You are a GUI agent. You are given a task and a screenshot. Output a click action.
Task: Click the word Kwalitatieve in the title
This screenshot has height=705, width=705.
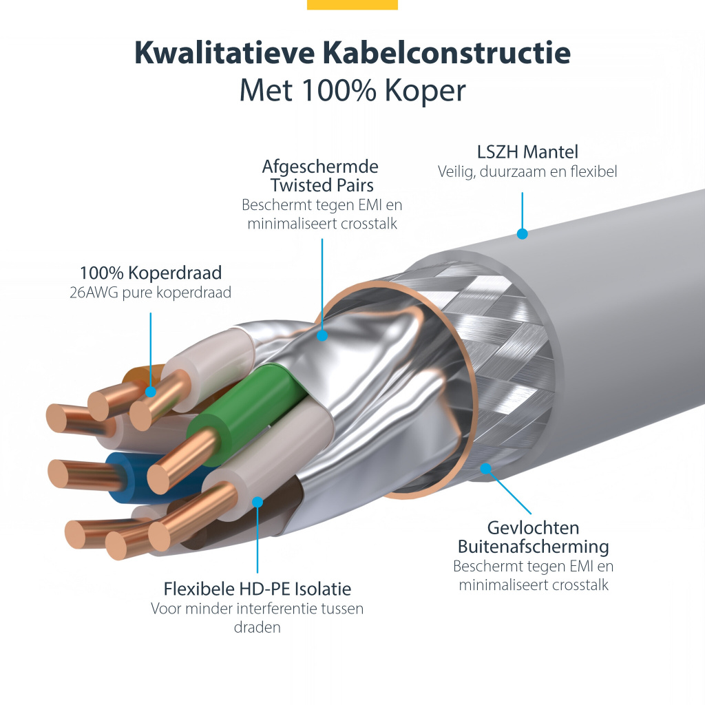tap(224, 53)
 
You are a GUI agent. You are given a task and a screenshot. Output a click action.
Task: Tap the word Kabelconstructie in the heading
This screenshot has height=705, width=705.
tap(447, 53)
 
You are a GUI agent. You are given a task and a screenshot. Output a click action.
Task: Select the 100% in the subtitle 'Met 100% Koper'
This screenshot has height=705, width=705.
tap(339, 90)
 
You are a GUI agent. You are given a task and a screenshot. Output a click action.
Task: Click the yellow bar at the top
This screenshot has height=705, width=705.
tap(352, 5)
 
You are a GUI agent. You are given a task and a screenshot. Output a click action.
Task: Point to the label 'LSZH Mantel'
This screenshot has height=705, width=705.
tap(527, 152)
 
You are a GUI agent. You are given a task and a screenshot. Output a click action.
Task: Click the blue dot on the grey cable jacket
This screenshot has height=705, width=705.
tap(522, 234)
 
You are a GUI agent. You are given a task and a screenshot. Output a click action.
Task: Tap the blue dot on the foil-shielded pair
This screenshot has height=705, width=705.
tap(322, 335)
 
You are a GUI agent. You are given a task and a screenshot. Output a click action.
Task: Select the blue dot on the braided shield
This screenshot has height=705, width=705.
tap(485, 468)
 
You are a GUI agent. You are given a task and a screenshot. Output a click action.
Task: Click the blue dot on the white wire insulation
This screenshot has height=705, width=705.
tap(257, 502)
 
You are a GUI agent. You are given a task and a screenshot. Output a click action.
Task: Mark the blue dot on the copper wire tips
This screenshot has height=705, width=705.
tap(151, 391)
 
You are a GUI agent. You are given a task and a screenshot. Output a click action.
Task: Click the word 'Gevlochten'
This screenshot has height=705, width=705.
tap(534, 528)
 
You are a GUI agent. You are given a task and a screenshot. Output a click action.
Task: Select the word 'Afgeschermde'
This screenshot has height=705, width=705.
tap(320, 167)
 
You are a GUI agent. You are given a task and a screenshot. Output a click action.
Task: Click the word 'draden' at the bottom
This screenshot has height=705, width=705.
tap(257, 627)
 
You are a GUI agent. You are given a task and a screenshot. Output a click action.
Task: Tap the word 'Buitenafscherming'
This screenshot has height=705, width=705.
tap(534, 547)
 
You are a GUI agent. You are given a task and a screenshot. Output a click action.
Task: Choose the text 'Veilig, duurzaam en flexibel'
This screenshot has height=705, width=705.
tap(527, 171)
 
